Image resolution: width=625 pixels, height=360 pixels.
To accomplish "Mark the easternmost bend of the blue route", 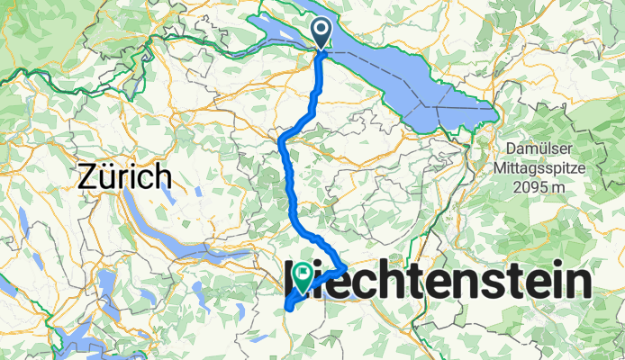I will (x=346, y=267).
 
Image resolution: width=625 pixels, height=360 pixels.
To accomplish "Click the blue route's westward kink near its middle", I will (x=282, y=140).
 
